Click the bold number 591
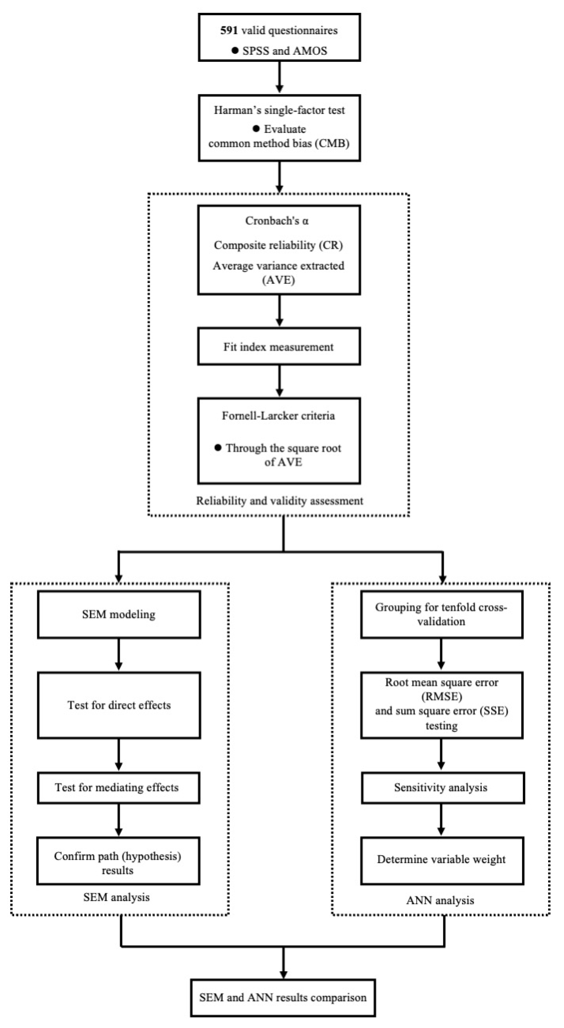pyautogui.click(x=229, y=31)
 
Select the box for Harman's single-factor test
pyautogui.click(x=279, y=128)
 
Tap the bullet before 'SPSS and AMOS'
pyautogui.click(x=235, y=51)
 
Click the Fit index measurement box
pyautogui.click(x=279, y=346)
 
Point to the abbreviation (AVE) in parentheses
pyautogui.click(x=279, y=280)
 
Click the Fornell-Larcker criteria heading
pyautogui.click(x=278, y=416)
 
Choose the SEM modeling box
pyautogui.click(x=119, y=614)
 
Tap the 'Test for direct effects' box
pyautogui.click(x=119, y=705)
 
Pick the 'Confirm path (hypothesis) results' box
pyautogui.click(x=118, y=863)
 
